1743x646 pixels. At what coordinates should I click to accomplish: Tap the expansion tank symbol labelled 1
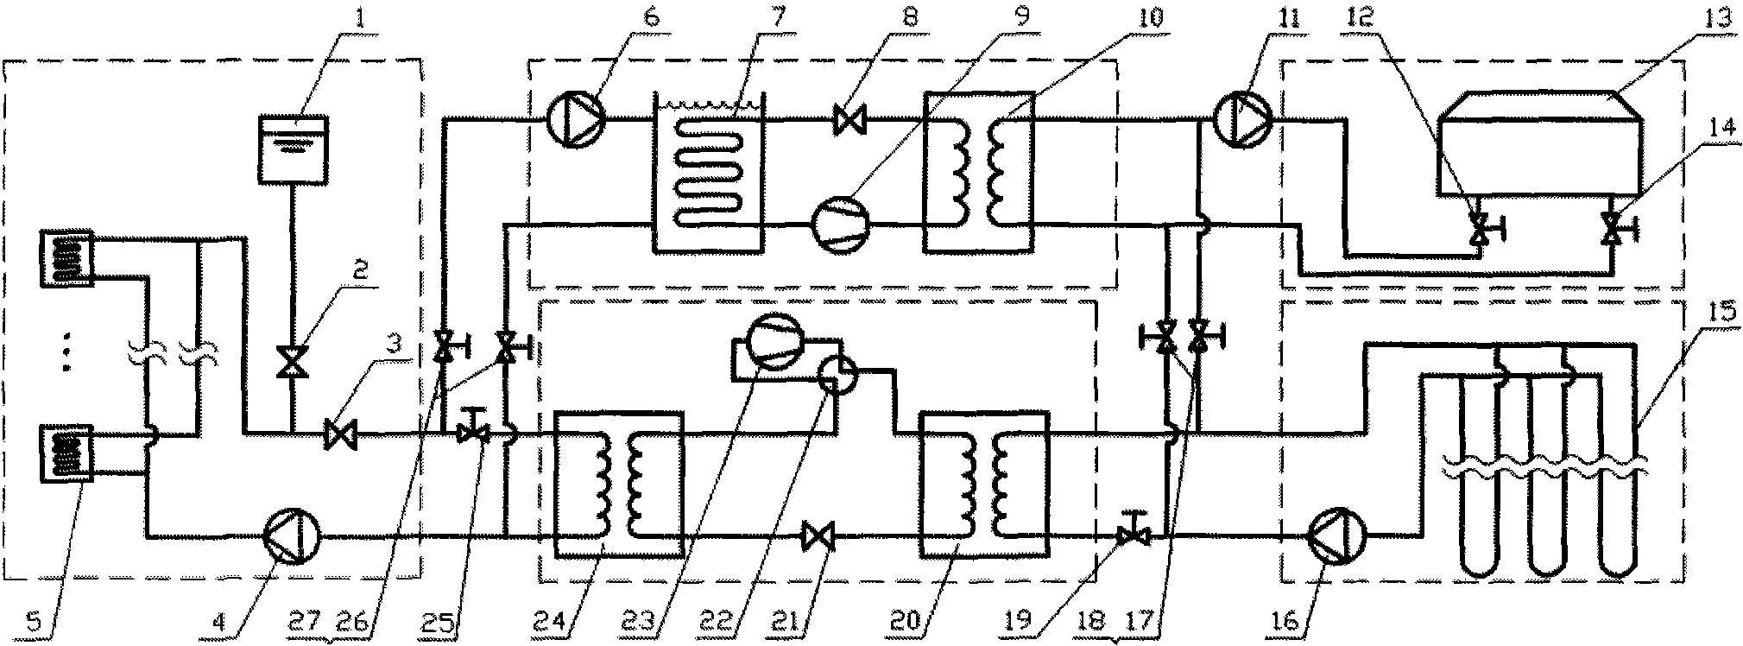pyautogui.click(x=294, y=150)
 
